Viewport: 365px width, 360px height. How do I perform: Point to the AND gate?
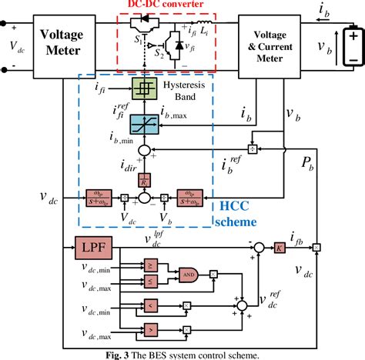click(189, 273)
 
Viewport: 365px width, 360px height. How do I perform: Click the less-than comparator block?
click(151, 306)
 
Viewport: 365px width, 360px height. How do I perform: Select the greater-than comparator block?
click(151, 332)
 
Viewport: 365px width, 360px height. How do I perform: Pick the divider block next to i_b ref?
click(251, 147)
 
